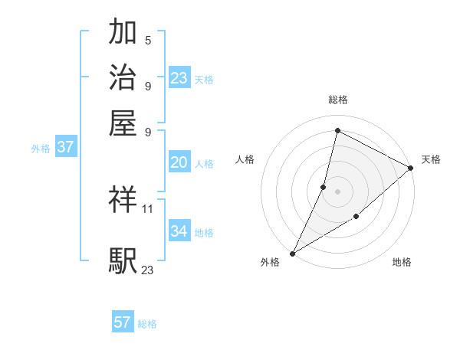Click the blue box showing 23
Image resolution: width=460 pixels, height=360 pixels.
pyautogui.click(x=179, y=78)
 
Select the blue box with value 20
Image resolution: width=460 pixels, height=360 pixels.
pyautogui.click(x=179, y=162)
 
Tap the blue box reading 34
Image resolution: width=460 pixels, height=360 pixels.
pyautogui.click(x=179, y=231)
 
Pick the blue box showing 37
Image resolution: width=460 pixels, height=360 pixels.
pyautogui.click(x=65, y=147)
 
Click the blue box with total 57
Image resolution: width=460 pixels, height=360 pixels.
pyautogui.click(x=123, y=322)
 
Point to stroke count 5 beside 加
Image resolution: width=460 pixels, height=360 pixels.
pyautogui.click(x=148, y=40)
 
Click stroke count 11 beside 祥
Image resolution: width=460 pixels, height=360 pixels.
pyautogui.click(x=148, y=209)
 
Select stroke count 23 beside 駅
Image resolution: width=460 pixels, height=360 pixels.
pyautogui.click(x=148, y=270)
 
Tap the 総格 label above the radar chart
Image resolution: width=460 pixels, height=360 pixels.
pyautogui.click(x=337, y=100)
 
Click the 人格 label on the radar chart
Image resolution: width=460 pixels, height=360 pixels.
pyautogui.click(x=245, y=159)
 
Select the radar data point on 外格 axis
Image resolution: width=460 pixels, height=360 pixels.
pyautogui.click(x=292, y=254)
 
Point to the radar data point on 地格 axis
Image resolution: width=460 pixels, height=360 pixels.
pyautogui.click(x=356, y=218)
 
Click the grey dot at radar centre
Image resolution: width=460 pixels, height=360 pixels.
pyautogui.click(x=337, y=191)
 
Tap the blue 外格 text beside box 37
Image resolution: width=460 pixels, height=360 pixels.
pyautogui.click(x=40, y=149)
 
